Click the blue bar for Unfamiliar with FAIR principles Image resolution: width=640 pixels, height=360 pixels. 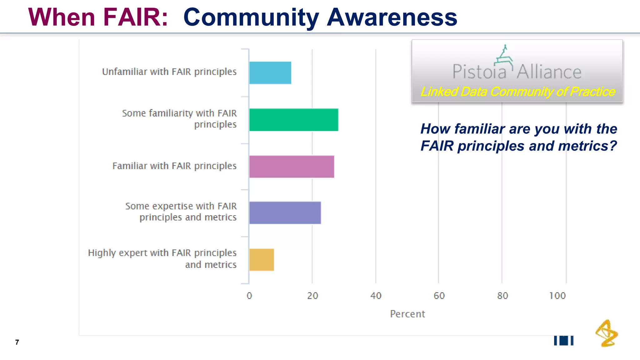pos(270,73)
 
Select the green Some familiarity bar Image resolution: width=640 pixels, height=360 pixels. pos(294,120)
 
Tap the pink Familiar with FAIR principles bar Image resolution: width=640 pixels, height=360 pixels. pos(292,167)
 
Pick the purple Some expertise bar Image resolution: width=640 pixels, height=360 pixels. pos(285,213)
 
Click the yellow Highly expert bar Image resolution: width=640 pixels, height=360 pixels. pos(262,260)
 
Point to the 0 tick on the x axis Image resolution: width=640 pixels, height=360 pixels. pos(249,296)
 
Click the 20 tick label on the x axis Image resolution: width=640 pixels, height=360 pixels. pos(312,296)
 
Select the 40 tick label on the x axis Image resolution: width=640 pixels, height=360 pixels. pos(376,296)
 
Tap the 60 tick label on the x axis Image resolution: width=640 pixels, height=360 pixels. pos(439,296)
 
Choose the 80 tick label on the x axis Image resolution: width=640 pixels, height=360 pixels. pos(502,296)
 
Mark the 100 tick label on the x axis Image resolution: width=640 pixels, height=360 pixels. pos(557,296)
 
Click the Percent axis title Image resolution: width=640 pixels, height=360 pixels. pos(407,314)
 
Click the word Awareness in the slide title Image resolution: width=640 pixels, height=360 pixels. pos(392,17)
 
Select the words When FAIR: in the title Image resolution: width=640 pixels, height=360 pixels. pos(98,17)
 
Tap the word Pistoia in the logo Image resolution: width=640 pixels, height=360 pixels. pos(479,72)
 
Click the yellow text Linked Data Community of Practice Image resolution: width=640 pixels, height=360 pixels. pos(517,92)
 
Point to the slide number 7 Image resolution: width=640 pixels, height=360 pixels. pos(17,342)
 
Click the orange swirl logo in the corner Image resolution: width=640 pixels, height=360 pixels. pos(607,333)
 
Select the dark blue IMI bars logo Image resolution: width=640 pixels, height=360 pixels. pos(564,341)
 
